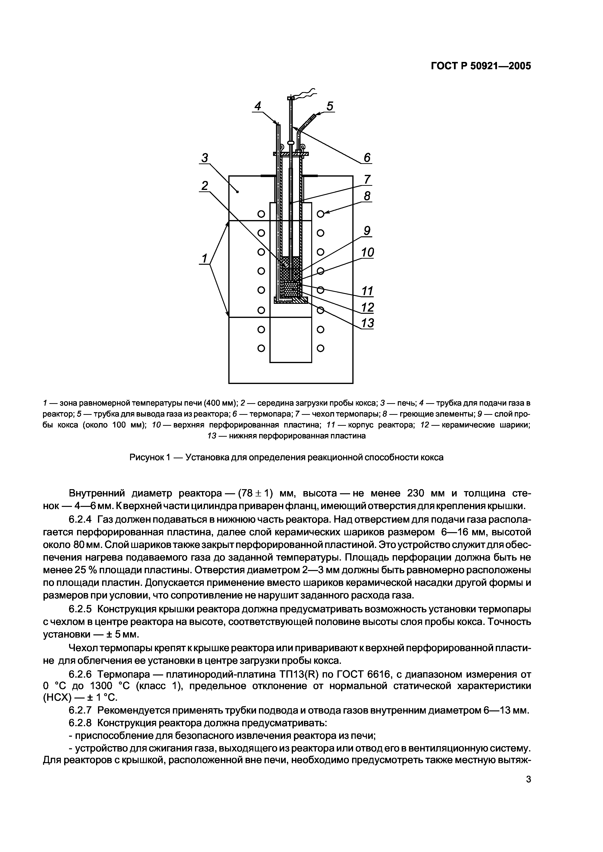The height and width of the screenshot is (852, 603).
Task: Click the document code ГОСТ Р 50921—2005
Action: tap(481, 66)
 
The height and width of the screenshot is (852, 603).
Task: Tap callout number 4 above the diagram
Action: tap(257, 106)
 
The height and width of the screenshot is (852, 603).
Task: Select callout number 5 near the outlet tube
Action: tap(329, 106)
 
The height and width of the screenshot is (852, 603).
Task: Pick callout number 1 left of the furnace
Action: tap(204, 258)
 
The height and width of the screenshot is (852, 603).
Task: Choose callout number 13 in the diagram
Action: tap(367, 323)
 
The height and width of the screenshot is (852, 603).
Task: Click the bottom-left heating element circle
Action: tap(261, 348)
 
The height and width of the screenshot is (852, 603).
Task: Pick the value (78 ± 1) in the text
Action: tap(255, 493)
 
